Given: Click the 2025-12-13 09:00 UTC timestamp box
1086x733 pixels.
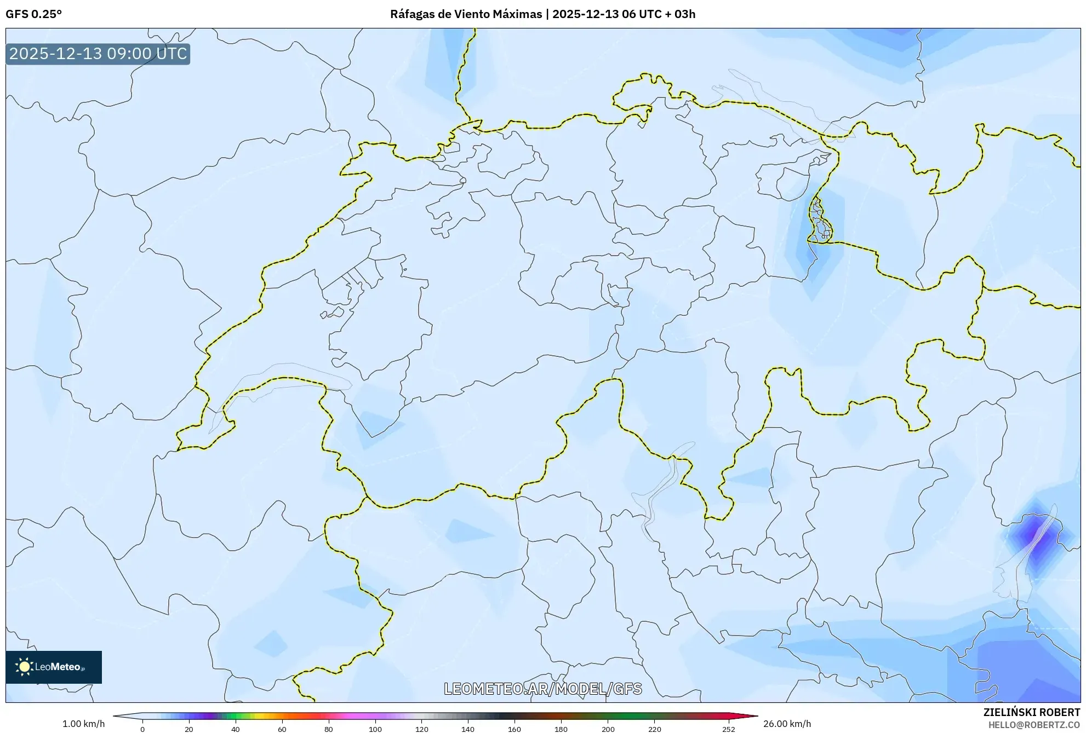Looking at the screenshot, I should click(98, 54).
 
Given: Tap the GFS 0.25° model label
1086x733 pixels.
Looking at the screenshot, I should click(34, 14).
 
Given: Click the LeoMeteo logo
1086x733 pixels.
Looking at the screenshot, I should click(54, 667).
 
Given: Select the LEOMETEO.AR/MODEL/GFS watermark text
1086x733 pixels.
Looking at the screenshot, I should click(542, 689).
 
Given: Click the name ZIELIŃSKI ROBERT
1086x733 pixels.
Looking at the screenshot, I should click(1031, 712).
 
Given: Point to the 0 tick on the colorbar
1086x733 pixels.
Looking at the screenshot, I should click(142, 729).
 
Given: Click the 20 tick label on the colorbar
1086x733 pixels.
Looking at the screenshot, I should click(189, 729).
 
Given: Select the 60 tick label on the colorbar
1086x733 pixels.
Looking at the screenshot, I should click(282, 729).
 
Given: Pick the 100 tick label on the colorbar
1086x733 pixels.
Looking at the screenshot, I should click(375, 729).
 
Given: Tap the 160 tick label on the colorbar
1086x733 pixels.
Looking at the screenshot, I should click(515, 729).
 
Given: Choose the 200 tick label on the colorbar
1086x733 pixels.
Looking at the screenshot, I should click(608, 729).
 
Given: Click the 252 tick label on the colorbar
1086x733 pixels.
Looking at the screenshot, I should click(729, 729).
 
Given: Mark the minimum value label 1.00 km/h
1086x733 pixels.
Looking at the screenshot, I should click(83, 724).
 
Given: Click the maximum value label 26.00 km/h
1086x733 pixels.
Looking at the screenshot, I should click(787, 724).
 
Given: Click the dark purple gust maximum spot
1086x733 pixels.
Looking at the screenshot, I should click(1033, 534).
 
